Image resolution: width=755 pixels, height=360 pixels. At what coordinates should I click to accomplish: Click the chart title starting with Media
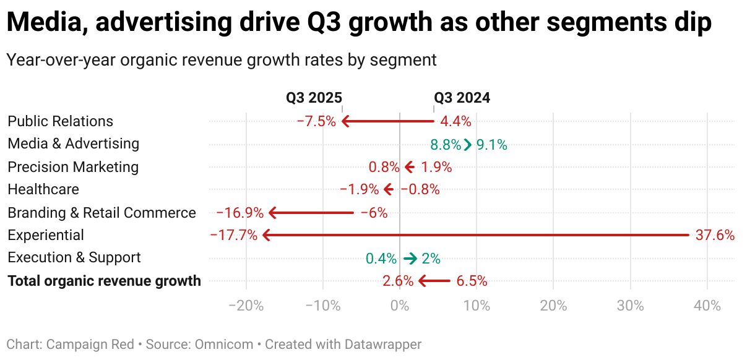[x=359, y=24]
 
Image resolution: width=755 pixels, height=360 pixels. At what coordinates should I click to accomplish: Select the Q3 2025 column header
[x=314, y=98]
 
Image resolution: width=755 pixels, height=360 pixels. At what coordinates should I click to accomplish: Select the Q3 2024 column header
[x=462, y=98]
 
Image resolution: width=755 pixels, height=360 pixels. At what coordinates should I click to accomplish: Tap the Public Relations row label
[x=61, y=121]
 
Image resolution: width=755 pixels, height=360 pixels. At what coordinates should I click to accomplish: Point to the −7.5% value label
[x=316, y=121]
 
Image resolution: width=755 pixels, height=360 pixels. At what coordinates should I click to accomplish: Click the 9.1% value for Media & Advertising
[x=492, y=145]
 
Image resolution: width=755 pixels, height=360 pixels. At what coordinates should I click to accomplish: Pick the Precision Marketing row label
[x=73, y=167]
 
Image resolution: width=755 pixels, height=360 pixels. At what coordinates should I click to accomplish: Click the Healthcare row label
[x=43, y=189]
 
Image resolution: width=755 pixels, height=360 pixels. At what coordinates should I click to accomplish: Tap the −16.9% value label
[x=240, y=213]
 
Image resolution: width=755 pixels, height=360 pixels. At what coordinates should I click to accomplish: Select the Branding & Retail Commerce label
[x=101, y=213]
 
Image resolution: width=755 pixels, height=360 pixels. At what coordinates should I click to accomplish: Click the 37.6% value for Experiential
[x=714, y=235]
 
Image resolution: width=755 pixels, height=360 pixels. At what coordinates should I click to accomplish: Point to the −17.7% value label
[x=234, y=235]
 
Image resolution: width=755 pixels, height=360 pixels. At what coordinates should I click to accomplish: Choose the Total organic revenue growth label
[x=104, y=281]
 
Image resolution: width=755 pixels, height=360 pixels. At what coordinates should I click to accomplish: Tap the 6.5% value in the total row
[x=472, y=281]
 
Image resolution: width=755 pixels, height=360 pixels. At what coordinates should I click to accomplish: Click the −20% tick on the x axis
[x=246, y=306]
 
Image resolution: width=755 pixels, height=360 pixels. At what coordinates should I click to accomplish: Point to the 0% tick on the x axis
[x=400, y=306]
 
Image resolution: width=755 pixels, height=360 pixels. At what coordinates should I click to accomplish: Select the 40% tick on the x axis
[x=707, y=306]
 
